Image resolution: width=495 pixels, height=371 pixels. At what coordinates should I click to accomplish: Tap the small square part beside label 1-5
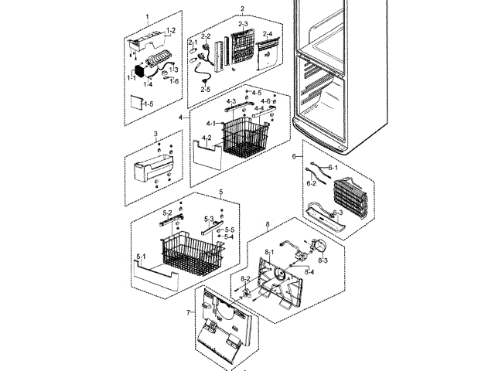[135, 102]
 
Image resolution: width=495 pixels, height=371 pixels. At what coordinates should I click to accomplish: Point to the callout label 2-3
[242, 25]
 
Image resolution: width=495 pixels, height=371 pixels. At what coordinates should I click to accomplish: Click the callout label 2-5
[206, 89]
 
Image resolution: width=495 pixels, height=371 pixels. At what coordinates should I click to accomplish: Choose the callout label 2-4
[267, 35]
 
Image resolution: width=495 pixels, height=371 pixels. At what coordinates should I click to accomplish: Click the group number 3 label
[155, 134]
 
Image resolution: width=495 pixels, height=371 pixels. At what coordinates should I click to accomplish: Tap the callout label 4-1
[210, 124]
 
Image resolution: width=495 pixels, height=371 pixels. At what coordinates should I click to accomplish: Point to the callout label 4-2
[207, 138]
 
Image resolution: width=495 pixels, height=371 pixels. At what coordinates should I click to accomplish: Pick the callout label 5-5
[230, 230]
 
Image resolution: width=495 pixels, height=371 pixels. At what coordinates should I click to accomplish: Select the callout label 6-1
[333, 168]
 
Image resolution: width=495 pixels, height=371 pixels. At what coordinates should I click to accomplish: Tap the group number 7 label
[187, 313]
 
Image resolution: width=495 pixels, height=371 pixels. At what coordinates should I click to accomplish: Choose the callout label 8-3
[321, 260]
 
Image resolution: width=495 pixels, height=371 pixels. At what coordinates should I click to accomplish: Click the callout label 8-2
[244, 278]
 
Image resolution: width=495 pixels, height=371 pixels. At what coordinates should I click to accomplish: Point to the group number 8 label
[267, 226]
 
